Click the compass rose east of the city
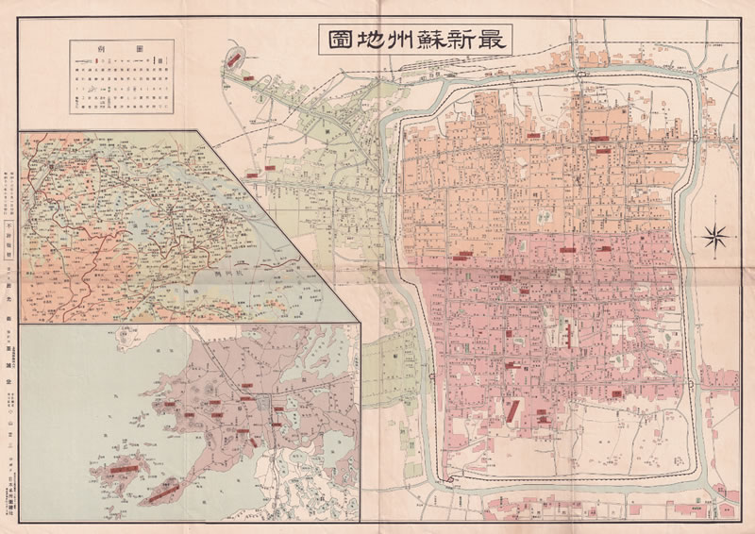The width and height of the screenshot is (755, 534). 716,234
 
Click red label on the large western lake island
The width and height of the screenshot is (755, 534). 120,465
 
